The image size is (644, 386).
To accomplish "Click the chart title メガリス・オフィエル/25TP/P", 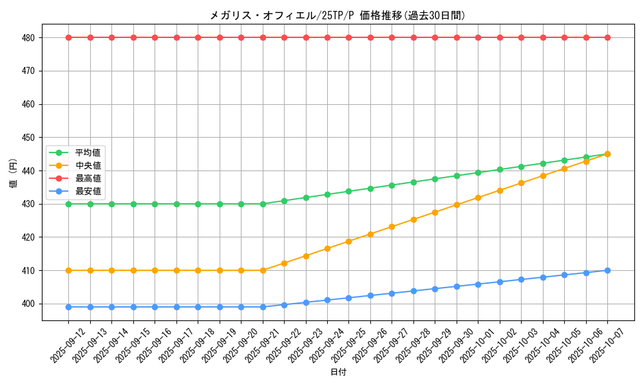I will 337,15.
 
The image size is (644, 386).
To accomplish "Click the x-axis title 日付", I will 338,372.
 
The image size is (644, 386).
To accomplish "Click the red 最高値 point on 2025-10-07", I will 607,37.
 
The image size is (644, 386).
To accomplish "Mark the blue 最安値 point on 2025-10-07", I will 607,270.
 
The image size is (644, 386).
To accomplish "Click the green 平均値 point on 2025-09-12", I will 68,204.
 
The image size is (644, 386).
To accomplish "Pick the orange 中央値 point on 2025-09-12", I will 68,270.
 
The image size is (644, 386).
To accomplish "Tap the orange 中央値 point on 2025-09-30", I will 457,205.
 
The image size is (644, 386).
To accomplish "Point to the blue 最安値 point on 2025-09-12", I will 68,307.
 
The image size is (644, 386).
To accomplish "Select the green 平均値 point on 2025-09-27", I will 392,185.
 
